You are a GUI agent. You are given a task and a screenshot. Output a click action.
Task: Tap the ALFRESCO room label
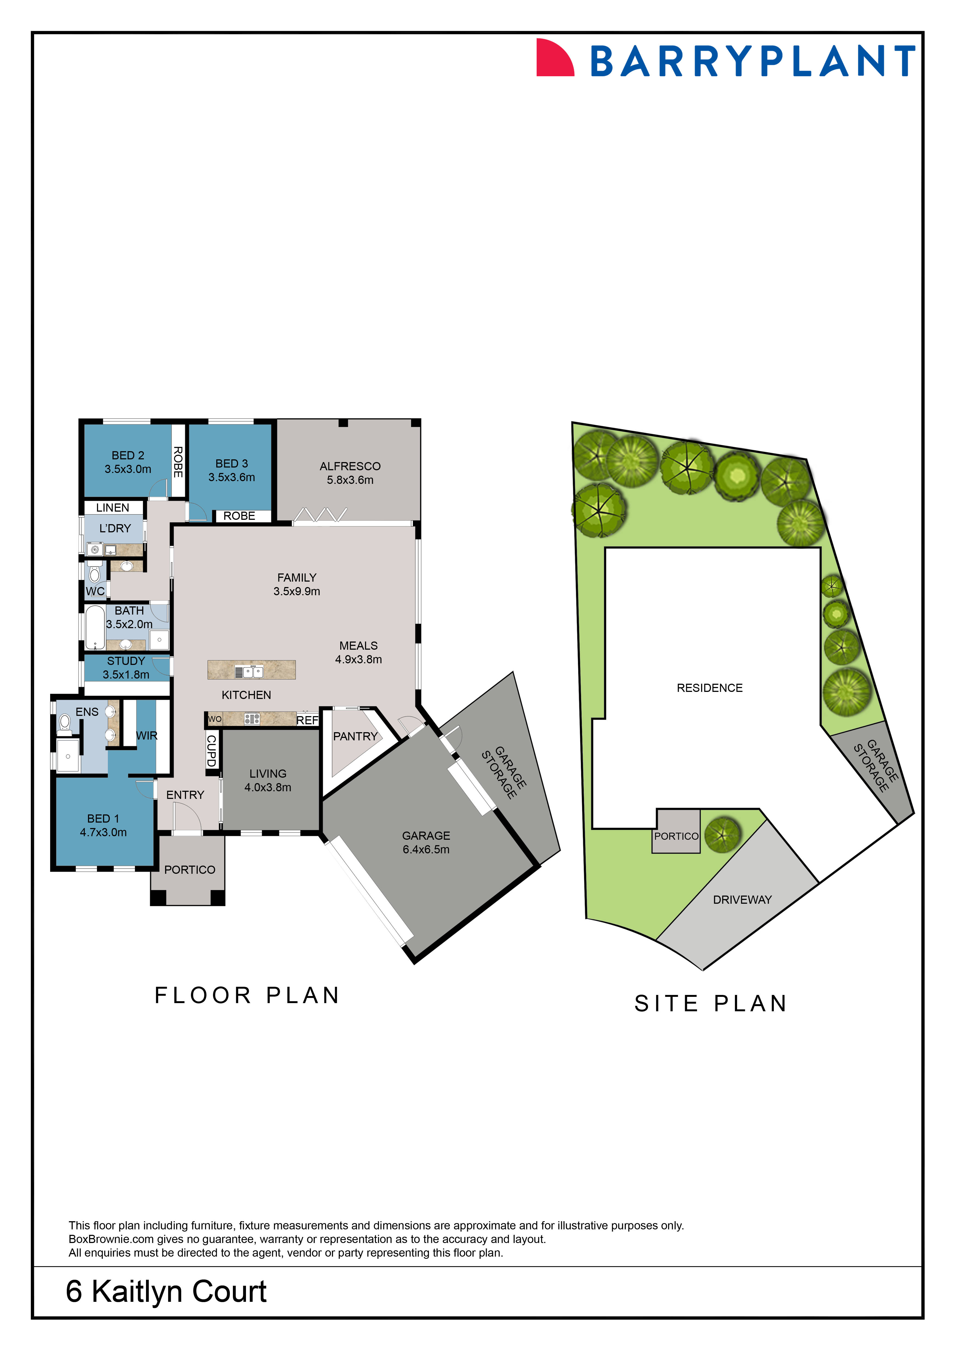pos(350,466)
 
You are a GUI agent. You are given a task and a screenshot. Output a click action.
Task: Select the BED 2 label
pos(127,455)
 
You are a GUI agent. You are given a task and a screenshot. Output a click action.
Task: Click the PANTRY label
pos(355,736)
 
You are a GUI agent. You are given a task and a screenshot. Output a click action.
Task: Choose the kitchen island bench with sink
pos(251,670)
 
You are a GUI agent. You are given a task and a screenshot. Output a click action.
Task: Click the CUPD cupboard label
pos(211,750)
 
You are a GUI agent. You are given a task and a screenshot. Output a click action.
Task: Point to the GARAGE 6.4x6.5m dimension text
pos(426,849)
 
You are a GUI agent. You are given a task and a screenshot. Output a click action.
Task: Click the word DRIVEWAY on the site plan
pos(742,900)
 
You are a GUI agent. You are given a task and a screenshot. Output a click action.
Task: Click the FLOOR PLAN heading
pos(247,995)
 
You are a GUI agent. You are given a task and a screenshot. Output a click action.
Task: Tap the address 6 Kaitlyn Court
pos(166,1291)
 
